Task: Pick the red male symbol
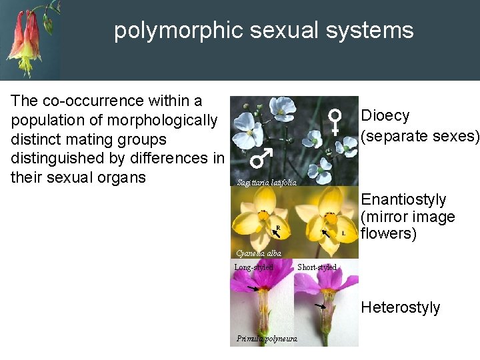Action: point(261,158)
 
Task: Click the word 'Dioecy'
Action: point(385,115)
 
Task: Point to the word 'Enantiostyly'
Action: point(403,199)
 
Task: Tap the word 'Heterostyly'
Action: point(401,307)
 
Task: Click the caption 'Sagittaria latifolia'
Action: point(267,183)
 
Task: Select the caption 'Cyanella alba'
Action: point(259,253)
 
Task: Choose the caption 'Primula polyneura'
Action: point(267,339)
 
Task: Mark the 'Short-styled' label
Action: point(317,267)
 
